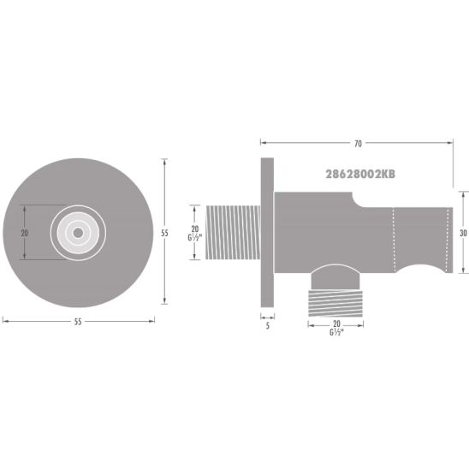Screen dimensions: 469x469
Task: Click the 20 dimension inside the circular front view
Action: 26,232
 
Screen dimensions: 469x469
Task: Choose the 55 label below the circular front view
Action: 77,321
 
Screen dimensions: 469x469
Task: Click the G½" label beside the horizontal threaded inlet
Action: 195,239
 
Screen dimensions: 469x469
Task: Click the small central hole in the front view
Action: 78,232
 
